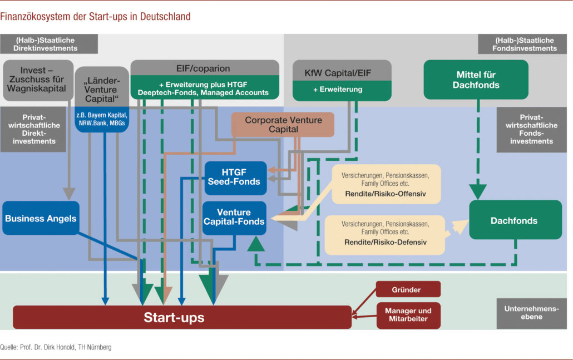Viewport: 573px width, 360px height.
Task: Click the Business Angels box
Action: pyautogui.click(x=41, y=218)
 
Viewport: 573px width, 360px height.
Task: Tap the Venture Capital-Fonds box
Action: pyautogui.click(x=234, y=218)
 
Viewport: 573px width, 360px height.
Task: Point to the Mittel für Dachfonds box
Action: pyautogui.click(x=476, y=80)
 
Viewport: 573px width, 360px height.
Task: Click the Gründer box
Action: pyautogui.click(x=408, y=289)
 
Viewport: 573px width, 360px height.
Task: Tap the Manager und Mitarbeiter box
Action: pyautogui.click(x=408, y=315)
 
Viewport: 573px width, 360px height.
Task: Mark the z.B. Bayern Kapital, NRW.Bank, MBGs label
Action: pyautogui.click(x=102, y=119)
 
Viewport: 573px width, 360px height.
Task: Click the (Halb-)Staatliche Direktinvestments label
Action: pyautogui.click(x=49, y=45)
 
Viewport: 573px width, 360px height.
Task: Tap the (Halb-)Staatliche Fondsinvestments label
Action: pyautogui.click(x=525, y=45)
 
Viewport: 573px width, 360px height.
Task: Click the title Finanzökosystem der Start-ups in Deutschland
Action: pyautogui.click(x=95, y=17)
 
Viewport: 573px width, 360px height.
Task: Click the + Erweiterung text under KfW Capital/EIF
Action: pyautogui.click(x=342, y=89)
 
